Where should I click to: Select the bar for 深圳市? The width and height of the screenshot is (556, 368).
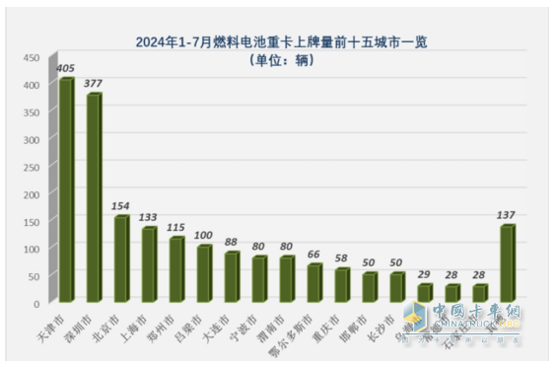click(94, 197)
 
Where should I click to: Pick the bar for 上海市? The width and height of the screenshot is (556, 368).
click(149, 264)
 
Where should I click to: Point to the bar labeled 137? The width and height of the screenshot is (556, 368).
click(508, 263)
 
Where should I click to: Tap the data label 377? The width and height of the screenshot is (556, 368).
click(94, 84)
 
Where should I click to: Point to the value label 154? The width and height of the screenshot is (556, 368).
click(121, 205)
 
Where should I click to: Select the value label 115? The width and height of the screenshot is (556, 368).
click(175, 227)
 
